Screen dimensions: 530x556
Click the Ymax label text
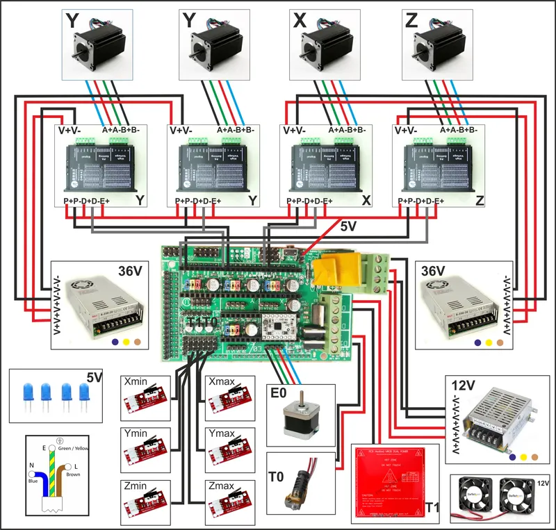[223, 433]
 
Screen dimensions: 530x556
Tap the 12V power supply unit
[498, 417]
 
